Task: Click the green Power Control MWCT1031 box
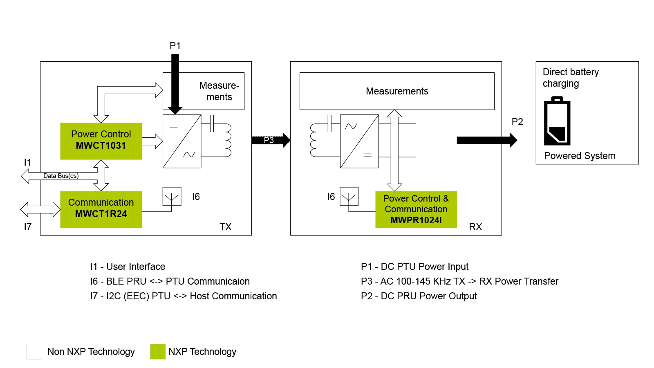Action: coord(101,141)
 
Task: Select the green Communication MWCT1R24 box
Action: coord(101,209)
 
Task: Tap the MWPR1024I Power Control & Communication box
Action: coord(416,209)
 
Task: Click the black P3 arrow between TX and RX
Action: coord(271,140)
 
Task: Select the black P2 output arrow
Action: coord(486,140)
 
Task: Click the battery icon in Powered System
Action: coord(557,121)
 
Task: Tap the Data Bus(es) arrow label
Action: coord(61,176)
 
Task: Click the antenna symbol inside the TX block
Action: coord(172,197)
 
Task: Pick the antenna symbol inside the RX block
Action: coord(349,197)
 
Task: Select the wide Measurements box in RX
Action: coord(397,91)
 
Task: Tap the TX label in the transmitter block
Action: coord(225,227)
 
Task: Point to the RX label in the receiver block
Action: coord(475,227)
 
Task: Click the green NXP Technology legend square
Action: coord(158,352)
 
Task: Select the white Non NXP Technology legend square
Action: coord(34,352)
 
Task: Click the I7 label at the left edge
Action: coord(27,227)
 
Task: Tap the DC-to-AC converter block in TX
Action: coord(182,141)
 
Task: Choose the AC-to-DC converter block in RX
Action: coord(359,141)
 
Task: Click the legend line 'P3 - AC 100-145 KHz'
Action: coord(459,281)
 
